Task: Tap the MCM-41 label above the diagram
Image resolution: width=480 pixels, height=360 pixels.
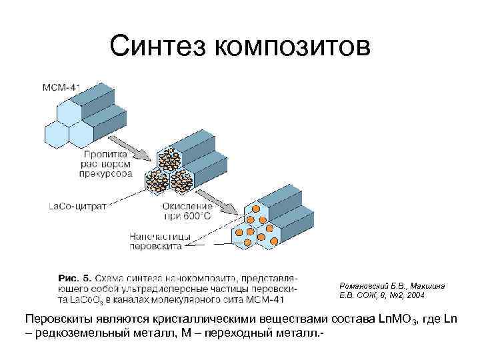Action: pos(61,87)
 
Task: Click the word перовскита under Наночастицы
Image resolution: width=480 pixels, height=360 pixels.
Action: pos(161,245)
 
